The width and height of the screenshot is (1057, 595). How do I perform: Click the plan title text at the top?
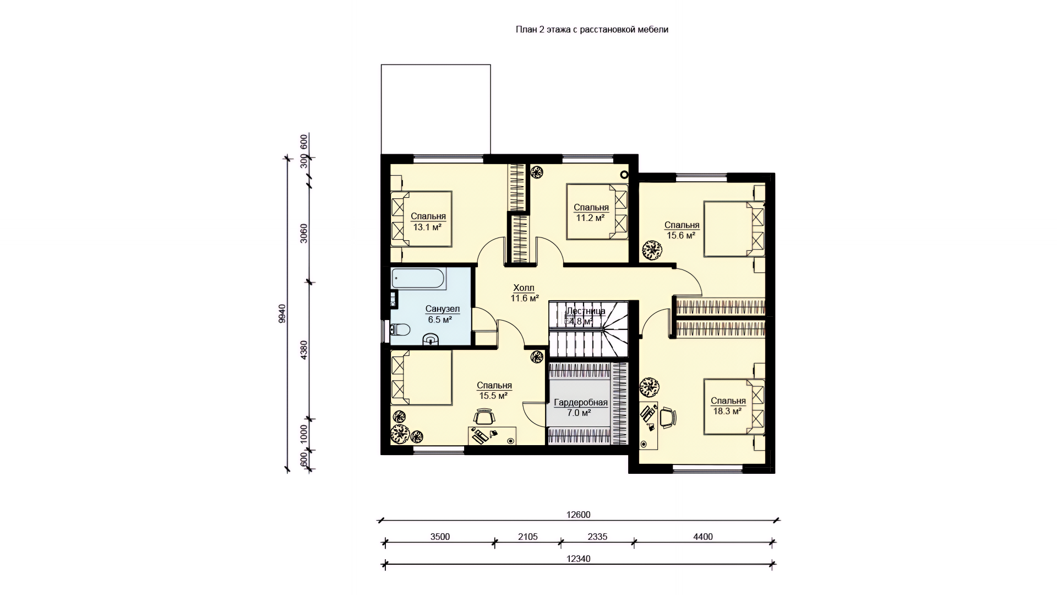pyautogui.click(x=592, y=30)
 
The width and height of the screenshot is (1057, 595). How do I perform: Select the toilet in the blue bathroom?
pyautogui.click(x=400, y=330)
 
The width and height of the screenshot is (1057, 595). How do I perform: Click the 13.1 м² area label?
pyautogui.click(x=428, y=226)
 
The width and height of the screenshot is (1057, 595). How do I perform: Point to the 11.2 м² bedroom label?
pyautogui.click(x=591, y=218)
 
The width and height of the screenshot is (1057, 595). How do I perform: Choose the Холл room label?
pyautogui.click(x=524, y=288)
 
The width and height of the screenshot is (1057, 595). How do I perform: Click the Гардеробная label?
pyautogui.click(x=581, y=403)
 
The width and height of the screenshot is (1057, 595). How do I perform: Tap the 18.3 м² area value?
pyautogui.click(x=727, y=411)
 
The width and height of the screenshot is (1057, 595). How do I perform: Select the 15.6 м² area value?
pyautogui.click(x=681, y=235)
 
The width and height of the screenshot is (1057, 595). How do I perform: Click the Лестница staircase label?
pyautogui.click(x=586, y=311)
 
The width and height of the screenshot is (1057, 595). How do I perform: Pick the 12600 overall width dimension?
pyautogui.click(x=578, y=515)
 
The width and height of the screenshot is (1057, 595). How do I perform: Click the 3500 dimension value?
pyautogui.click(x=440, y=537)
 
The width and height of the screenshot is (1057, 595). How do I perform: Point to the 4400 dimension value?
pyautogui.click(x=703, y=537)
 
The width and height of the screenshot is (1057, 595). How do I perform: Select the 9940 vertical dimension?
pyautogui.click(x=282, y=313)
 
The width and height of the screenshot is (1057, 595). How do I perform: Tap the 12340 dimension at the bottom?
pyautogui.click(x=578, y=559)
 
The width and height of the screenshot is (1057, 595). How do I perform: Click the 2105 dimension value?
pyautogui.click(x=527, y=537)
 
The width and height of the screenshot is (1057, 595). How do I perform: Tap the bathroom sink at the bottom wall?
pyautogui.click(x=431, y=339)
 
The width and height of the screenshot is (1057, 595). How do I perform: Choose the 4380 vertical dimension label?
pyautogui.click(x=304, y=350)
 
